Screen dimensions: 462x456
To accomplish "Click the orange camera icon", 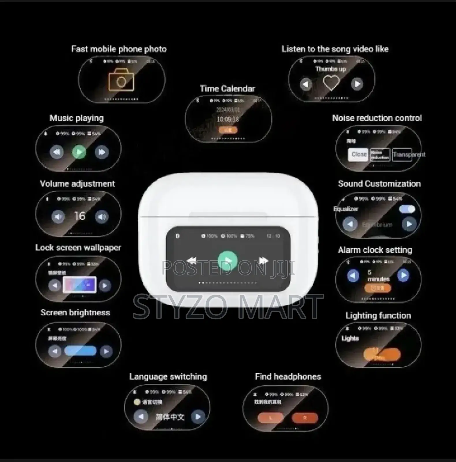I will click(121, 80).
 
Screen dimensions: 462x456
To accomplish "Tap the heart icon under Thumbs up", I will click(331, 83).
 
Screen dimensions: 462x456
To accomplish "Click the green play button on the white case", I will click(227, 261).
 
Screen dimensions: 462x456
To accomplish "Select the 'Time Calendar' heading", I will click(227, 89).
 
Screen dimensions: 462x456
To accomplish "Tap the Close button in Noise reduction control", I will click(358, 154).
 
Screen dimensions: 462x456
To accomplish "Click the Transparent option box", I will click(402, 154).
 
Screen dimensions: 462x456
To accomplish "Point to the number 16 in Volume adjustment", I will click(80, 216).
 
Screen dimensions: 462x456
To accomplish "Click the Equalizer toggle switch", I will click(407, 209).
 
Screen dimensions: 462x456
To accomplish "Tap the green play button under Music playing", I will click(79, 152).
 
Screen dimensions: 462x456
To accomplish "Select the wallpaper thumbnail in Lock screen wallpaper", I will click(80, 285).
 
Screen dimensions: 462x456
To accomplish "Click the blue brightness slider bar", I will click(80, 351).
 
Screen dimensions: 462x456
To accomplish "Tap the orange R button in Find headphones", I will click(305, 418).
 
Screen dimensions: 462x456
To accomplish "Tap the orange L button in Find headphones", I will click(270, 418).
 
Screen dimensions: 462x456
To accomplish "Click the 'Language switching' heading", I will click(168, 377).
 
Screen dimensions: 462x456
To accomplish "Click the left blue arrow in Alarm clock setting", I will click(353, 275).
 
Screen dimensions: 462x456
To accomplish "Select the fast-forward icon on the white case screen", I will click(263, 261).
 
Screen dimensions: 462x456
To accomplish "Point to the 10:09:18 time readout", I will click(228, 120).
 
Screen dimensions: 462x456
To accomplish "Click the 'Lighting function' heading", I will click(378, 316).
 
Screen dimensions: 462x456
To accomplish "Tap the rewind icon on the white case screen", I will click(192, 261).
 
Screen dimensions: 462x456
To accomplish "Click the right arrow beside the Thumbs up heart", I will click(357, 84).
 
